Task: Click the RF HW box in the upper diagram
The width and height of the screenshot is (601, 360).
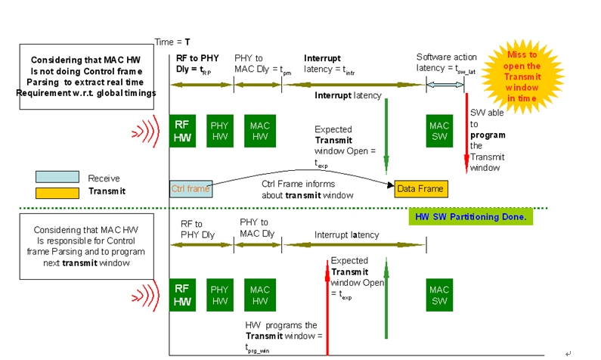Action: [x=182, y=130]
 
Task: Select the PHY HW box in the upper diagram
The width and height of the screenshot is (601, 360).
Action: [x=219, y=130]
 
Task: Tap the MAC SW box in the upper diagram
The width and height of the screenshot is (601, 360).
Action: [x=439, y=130]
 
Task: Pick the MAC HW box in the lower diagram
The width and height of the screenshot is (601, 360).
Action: [x=259, y=295]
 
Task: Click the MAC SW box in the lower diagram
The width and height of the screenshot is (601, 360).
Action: [x=439, y=295]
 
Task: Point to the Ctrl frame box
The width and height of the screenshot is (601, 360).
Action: [x=191, y=188]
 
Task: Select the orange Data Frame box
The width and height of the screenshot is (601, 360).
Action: [x=420, y=188]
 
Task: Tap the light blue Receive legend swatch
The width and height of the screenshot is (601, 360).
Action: [x=57, y=177]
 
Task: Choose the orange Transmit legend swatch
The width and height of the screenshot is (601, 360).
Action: [x=57, y=192]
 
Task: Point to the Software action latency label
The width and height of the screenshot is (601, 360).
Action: [x=447, y=64]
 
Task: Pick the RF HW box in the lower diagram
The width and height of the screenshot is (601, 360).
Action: [x=182, y=295]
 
